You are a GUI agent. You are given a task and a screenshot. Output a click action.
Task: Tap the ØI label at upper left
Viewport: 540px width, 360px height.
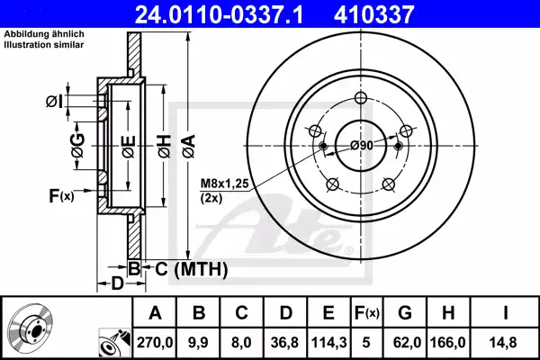click(x=55, y=101)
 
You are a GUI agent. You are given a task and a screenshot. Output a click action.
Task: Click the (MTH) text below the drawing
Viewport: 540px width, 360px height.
click(x=200, y=269)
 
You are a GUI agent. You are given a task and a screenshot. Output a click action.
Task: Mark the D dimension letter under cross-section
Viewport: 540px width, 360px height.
click(x=116, y=285)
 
